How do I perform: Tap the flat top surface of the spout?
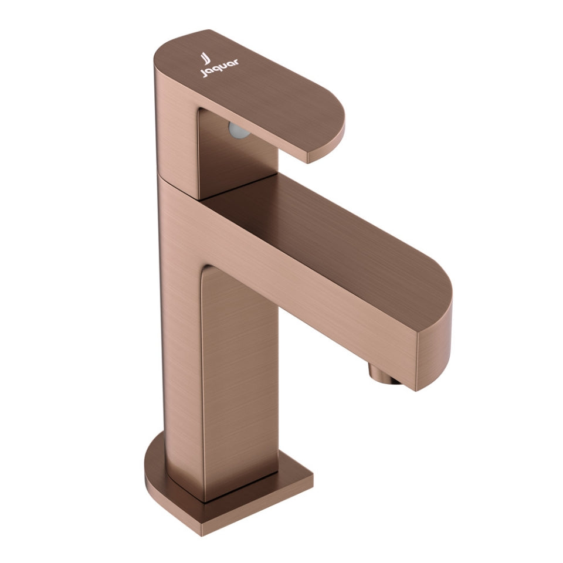click(x=328, y=235)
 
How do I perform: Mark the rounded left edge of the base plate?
click(x=151, y=463)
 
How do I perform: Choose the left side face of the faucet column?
click(x=179, y=328)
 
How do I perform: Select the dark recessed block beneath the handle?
click(x=235, y=158)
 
